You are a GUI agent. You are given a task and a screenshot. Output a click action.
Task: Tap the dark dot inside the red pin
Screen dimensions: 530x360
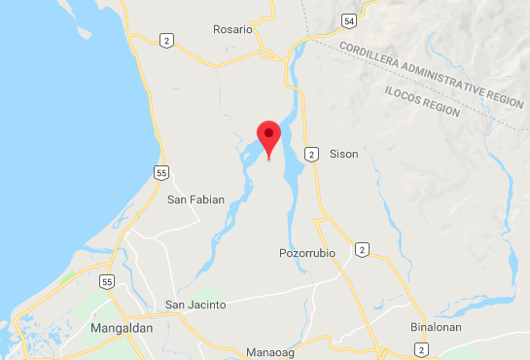(x=267, y=132)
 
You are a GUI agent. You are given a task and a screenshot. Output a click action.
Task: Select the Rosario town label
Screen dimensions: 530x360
(x=232, y=29)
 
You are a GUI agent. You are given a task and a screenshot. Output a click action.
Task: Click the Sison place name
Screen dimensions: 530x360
(x=344, y=154)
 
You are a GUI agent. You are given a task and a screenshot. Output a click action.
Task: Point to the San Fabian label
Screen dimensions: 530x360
(x=195, y=199)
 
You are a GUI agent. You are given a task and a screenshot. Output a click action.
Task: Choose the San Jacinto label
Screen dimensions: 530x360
(x=195, y=305)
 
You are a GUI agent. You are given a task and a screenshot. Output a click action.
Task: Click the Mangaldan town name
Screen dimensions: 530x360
(x=122, y=329)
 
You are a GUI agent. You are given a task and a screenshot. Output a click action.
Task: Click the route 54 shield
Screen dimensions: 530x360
(x=348, y=20)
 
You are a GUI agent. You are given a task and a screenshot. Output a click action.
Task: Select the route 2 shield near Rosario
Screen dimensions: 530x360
(x=167, y=40)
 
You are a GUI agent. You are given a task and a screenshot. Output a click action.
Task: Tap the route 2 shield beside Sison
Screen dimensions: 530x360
(x=310, y=154)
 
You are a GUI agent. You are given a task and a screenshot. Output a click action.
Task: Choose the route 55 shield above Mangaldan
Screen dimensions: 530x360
(x=106, y=281)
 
